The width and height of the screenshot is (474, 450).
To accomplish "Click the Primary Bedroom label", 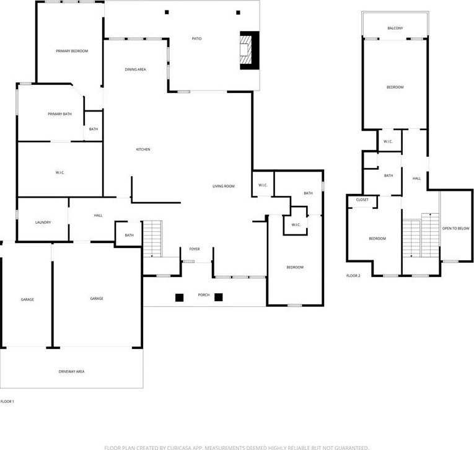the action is [x=72, y=51].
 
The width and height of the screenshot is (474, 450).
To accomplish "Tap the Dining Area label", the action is [x=136, y=69].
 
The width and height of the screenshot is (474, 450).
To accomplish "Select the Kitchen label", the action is [x=143, y=149].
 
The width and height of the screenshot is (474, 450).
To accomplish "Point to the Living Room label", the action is [x=224, y=187].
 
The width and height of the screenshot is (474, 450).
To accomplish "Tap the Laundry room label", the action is [x=43, y=223].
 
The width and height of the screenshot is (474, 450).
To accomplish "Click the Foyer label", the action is [x=195, y=249].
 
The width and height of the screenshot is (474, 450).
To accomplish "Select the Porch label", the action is [x=204, y=295].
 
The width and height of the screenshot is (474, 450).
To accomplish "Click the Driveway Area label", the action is [x=72, y=372].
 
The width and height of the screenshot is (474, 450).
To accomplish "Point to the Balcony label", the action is [x=395, y=29].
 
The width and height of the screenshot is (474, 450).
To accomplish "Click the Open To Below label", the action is [x=456, y=229].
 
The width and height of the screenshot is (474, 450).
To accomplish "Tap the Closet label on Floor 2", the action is [x=362, y=200].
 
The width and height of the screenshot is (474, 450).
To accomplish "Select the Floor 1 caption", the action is [x=7, y=402].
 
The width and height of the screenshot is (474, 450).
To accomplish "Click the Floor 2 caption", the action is [x=353, y=276].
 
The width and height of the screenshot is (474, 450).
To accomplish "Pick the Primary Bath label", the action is [x=60, y=114].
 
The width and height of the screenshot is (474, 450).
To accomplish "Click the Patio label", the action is [x=197, y=38].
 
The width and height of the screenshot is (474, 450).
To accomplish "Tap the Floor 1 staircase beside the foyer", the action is [x=152, y=239].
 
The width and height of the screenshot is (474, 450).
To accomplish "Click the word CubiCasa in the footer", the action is [x=180, y=448].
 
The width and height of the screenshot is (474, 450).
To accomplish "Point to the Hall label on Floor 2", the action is [x=417, y=179].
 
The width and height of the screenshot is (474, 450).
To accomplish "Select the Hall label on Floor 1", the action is [x=99, y=216].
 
